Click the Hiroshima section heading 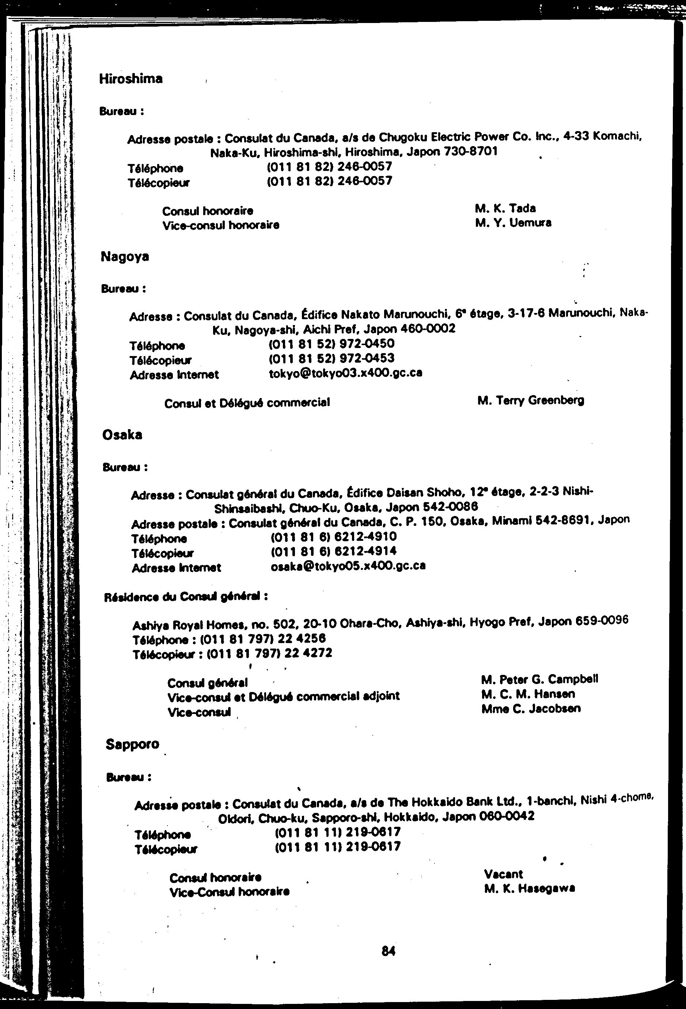click(x=131, y=79)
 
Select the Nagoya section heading click(x=125, y=257)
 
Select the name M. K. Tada click(x=505, y=209)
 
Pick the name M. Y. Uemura click(x=513, y=223)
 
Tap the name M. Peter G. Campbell click(x=539, y=679)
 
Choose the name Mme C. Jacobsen click(x=531, y=708)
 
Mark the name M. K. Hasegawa click(x=530, y=889)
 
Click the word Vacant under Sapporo click(x=504, y=874)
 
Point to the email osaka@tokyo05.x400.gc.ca click(x=348, y=566)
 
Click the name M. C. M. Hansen click(x=528, y=694)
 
